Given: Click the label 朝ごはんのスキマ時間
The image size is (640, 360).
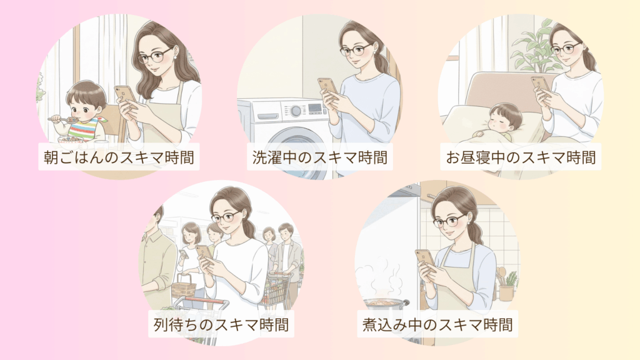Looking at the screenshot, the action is pyautogui.click(x=119, y=157).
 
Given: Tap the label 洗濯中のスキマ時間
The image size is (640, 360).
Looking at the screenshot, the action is pyautogui.click(x=319, y=157).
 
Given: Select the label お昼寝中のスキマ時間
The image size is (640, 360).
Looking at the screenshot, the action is pyautogui.click(x=521, y=157).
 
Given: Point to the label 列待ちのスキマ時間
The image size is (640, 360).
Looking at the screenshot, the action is pyautogui.click(x=221, y=324).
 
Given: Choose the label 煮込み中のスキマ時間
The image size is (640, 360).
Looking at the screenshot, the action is pyautogui.click(x=437, y=324).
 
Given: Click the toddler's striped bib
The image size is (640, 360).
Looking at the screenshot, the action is pyautogui.click(x=84, y=128).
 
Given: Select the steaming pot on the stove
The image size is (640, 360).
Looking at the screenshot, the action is pyautogui.click(x=385, y=306).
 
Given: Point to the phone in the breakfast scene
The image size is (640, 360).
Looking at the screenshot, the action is pyautogui.click(x=124, y=96).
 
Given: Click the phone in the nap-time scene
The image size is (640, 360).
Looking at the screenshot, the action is pyautogui.click(x=541, y=85).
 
